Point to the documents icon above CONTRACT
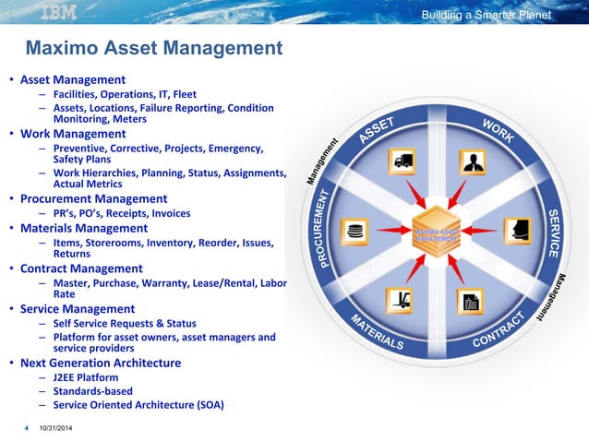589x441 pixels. coord(472,299)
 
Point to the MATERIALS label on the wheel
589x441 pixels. coord(376,333)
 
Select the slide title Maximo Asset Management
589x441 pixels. coord(153,47)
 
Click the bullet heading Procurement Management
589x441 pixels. coord(94,198)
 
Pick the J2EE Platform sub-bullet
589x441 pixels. coord(86,377)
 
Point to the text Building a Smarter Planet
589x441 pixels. coord(486,15)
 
